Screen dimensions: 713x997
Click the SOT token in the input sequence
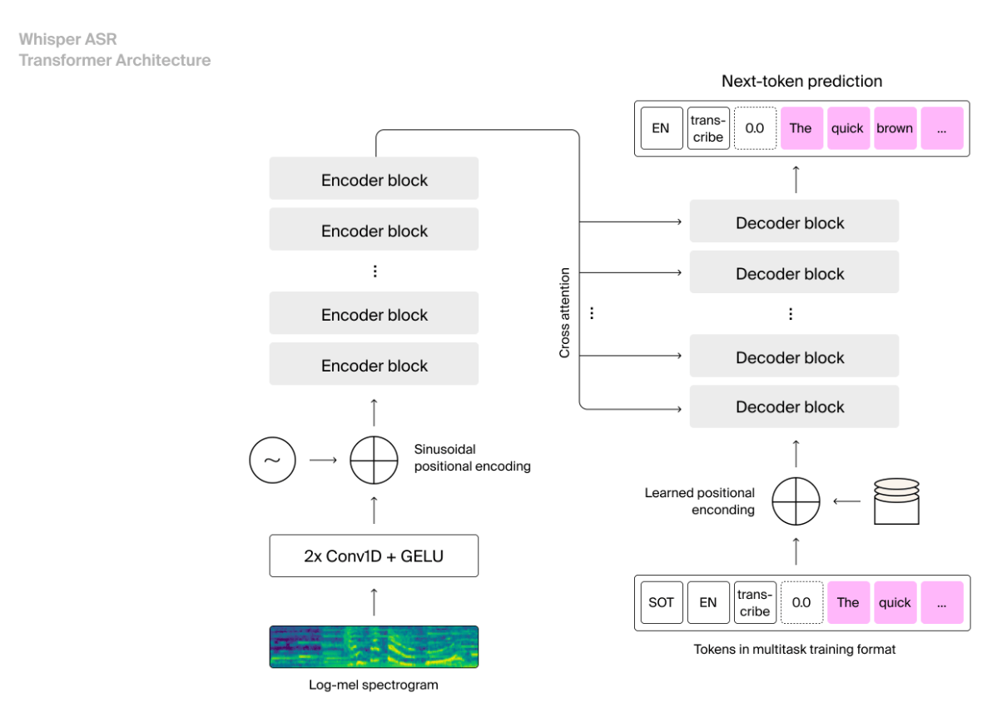661,602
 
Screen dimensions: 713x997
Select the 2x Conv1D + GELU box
374,556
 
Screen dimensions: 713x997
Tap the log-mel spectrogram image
374,646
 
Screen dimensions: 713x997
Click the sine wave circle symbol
272,460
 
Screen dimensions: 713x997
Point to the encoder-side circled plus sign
374,460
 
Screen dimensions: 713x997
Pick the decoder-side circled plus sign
796,501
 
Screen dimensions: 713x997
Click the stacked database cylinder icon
896,501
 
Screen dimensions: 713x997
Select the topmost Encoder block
374,180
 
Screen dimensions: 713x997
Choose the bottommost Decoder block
794,406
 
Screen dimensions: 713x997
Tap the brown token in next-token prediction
895,128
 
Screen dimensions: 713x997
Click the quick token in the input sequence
895,602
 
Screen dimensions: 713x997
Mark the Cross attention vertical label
565,312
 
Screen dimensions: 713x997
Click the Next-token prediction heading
801,82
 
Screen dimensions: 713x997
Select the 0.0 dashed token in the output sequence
755,128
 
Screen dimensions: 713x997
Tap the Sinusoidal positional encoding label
472,458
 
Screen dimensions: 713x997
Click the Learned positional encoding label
700,501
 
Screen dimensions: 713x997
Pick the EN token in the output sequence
661,128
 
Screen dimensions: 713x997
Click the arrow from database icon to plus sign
847,501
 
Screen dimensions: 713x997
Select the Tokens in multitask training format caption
795,649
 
